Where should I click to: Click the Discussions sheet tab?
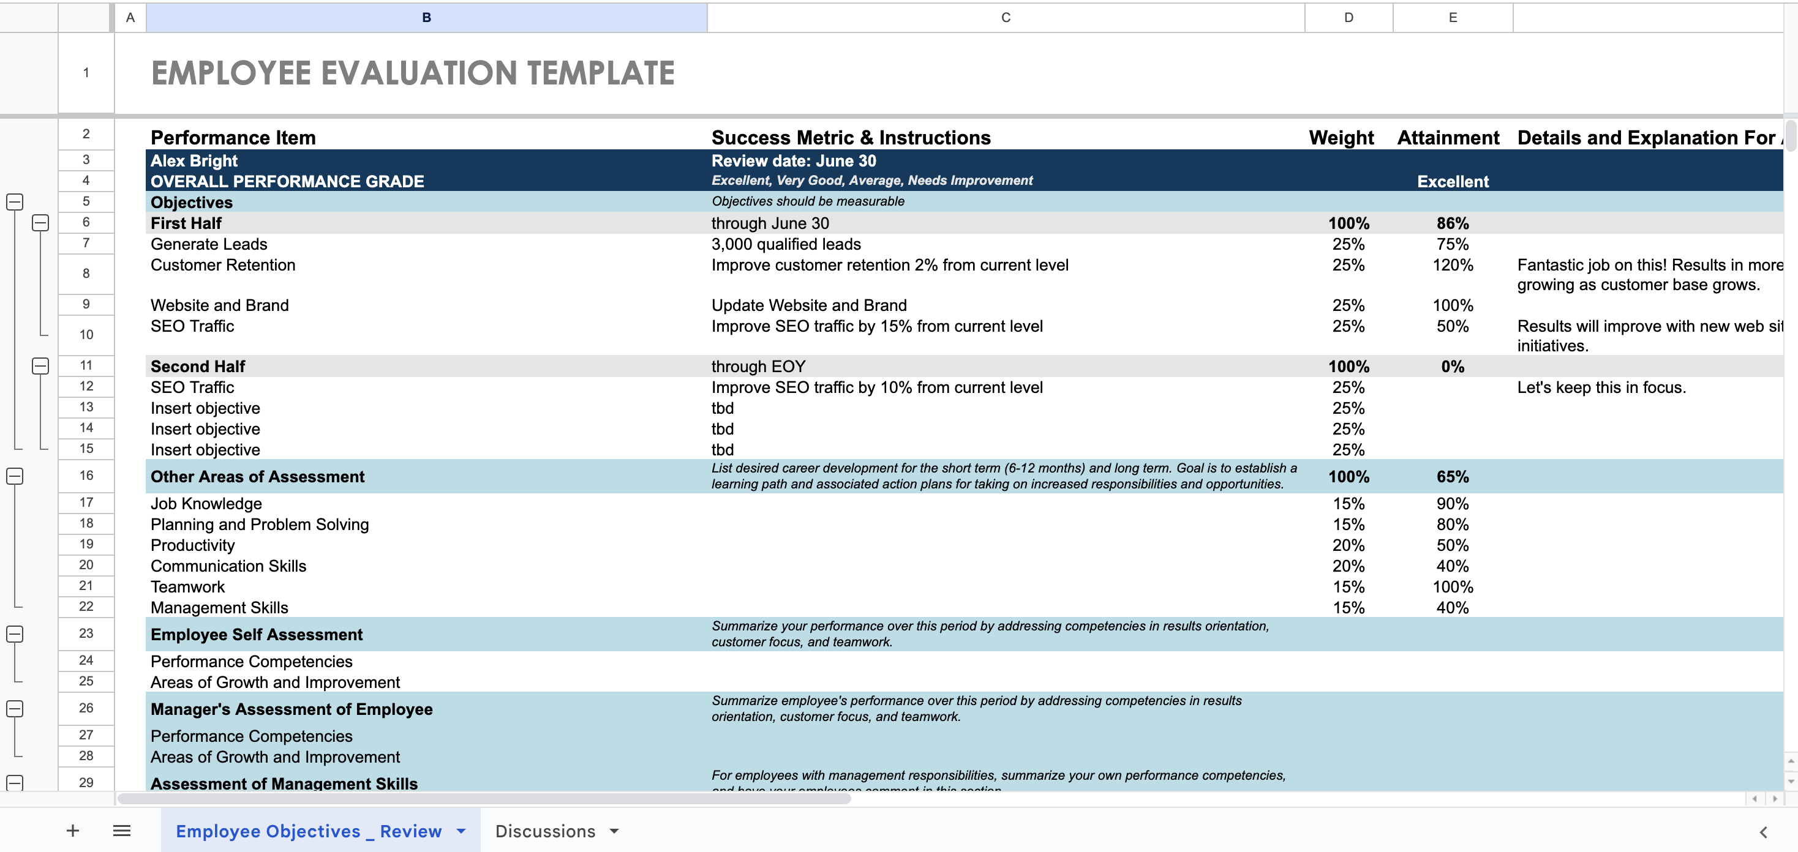coord(544,831)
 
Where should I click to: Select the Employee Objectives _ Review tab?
coord(309,831)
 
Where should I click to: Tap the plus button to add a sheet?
coord(73,831)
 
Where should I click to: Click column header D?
coord(1348,18)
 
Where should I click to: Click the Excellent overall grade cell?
coord(1452,181)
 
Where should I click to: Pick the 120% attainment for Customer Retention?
coord(1452,265)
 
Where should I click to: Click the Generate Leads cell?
coord(209,244)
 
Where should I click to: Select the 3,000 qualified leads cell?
coord(785,244)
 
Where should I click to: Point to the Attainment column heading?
coord(1448,138)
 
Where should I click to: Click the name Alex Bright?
coord(194,161)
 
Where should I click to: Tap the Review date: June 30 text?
coord(793,161)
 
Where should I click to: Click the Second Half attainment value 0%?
coord(1452,367)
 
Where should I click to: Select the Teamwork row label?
coord(188,587)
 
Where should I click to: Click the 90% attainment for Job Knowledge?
coord(1452,504)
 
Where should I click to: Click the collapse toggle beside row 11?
coord(40,365)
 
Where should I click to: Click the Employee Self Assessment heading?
coord(256,634)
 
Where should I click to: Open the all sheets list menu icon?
coord(121,831)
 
